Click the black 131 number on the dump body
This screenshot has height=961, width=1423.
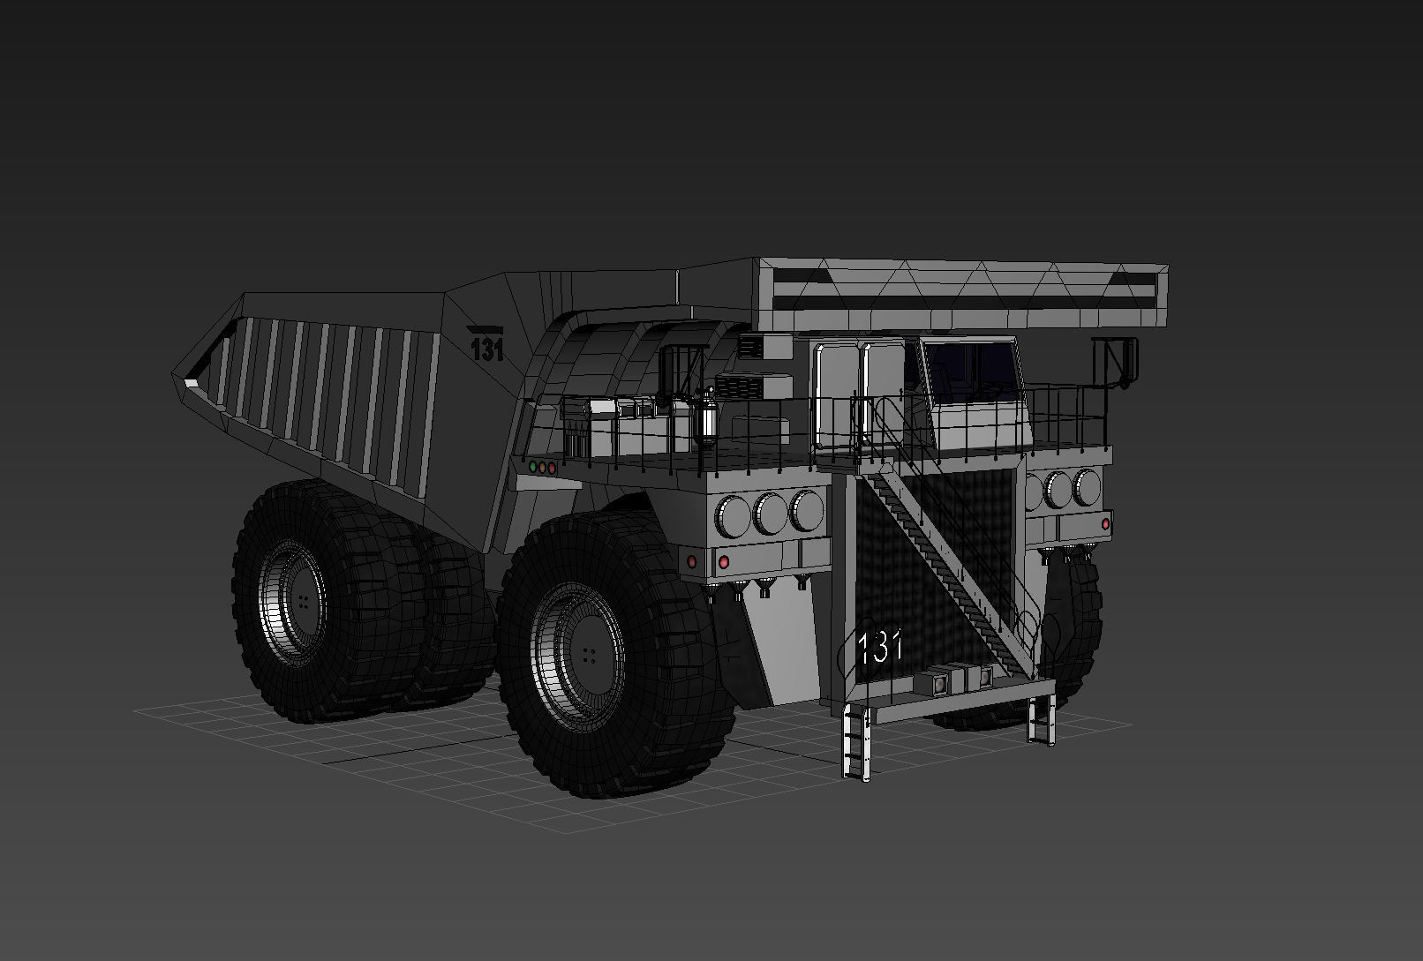[486, 349]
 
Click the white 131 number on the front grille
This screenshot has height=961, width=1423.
[879, 647]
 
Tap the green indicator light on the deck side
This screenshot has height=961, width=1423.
[532, 467]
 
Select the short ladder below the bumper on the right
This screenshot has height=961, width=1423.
[1043, 720]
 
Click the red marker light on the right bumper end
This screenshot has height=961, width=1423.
[1105, 523]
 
